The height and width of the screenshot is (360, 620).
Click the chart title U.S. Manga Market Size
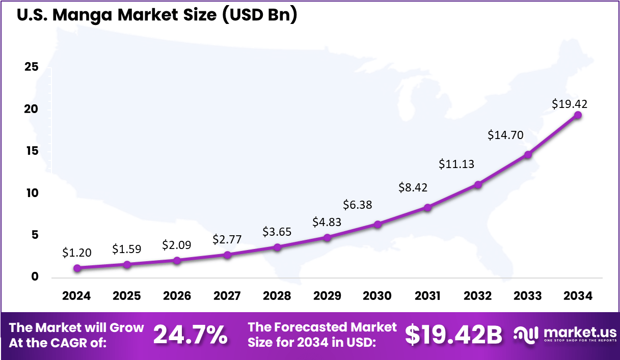[156, 15]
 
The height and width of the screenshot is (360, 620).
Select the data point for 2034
[578, 115]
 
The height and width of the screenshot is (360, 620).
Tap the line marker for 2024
[77, 268]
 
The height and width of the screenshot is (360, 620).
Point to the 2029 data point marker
[327, 237]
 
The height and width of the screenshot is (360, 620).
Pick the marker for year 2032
[477, 185]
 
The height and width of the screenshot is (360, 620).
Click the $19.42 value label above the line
[569, 104]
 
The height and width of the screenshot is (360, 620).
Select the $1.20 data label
[77, 252]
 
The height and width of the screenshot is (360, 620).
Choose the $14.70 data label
[505, 135]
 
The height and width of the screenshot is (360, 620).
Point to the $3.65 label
[277, 231]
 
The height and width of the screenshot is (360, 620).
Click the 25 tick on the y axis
[32, 68]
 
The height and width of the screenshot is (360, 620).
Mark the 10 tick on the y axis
[32, 193]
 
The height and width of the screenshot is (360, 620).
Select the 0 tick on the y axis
[35, 277]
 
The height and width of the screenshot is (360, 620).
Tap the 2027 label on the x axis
[227, 296]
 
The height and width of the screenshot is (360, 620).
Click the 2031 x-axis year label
[428, 296]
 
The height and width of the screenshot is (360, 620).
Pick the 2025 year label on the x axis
[127, 296]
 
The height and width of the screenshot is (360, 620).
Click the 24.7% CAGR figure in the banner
[191, 335]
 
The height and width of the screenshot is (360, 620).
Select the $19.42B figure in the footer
[453, 335]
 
